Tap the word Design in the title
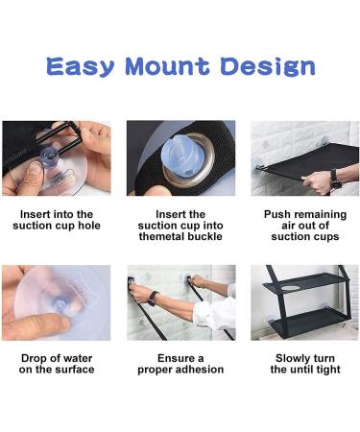click(x=268, y=66)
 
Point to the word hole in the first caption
click(x=89, y=226)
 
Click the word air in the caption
click(x=289, y=226)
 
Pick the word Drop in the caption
click(x=33, y=358)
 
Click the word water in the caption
click(x=78, y=358)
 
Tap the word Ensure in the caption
click(x=175, y=358)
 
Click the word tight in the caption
click(x=327, y=370)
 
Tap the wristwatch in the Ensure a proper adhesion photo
click(x=153, y=299)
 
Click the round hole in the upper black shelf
click(x=291, y=288)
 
